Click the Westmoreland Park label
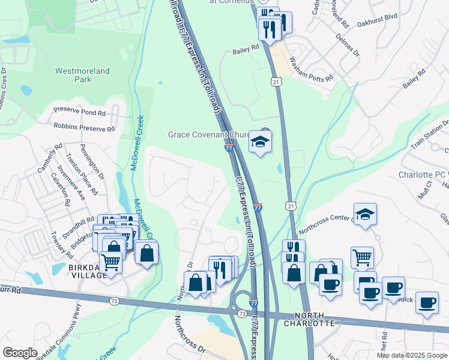(82, 75)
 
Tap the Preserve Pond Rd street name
(80, 112)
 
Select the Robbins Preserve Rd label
(83, 127)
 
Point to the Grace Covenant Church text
(212, 134)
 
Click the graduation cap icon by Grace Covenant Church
(260, 142)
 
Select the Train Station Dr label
(429, 137)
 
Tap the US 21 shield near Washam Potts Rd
(276, 82)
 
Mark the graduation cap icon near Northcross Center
(364, 215)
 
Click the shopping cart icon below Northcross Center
(362, 257)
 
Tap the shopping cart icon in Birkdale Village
(110, 262)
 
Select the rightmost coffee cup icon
(427, 302)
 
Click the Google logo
(20, 353)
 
